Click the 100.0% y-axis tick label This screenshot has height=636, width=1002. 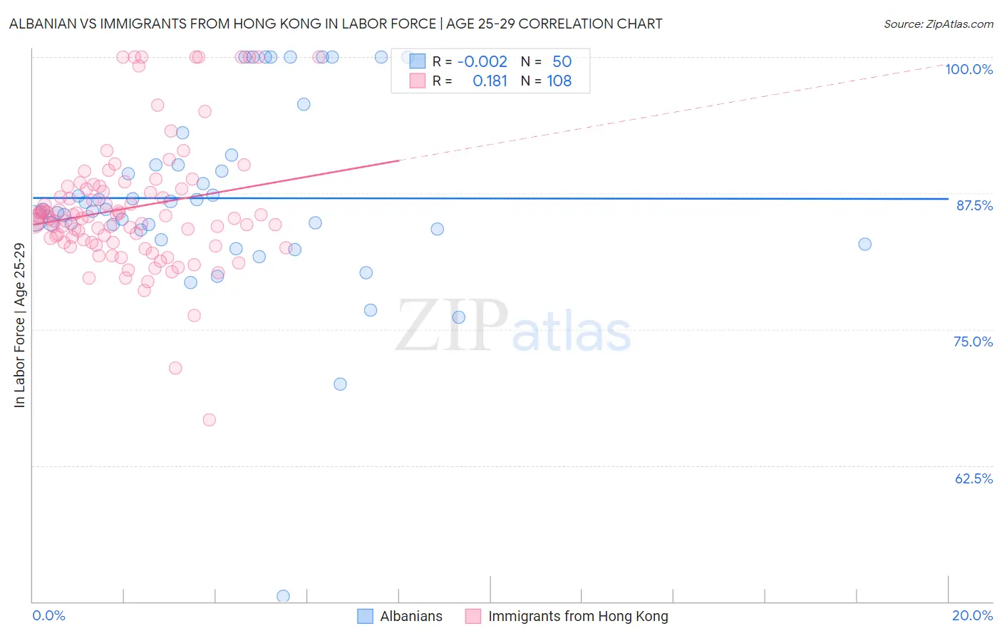point(969,69)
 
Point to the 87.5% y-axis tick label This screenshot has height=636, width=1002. point(973,205)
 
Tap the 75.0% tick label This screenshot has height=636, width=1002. point(973,342)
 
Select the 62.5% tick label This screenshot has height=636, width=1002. point(973,478)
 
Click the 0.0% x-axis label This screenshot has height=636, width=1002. point(48,615)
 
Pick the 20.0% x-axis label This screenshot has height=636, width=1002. point(972,615)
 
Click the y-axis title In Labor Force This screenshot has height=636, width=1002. point(19,325)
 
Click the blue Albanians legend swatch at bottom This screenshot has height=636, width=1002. point(365,616)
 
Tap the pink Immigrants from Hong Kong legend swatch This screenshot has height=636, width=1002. point(473,616)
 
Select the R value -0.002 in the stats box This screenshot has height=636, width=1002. point(482,62)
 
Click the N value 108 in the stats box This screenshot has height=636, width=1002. point(559,81)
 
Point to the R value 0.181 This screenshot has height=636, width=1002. point(490,81)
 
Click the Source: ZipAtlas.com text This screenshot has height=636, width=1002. point(938,24)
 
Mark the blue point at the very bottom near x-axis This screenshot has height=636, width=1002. point(283,596)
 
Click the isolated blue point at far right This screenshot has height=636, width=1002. point(864,244)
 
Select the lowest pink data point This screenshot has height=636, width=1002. point(209,419)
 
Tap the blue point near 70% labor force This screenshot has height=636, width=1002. point(340,384)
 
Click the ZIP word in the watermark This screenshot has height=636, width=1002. point(451,325)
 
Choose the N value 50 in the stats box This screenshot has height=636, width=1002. point(562,62)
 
